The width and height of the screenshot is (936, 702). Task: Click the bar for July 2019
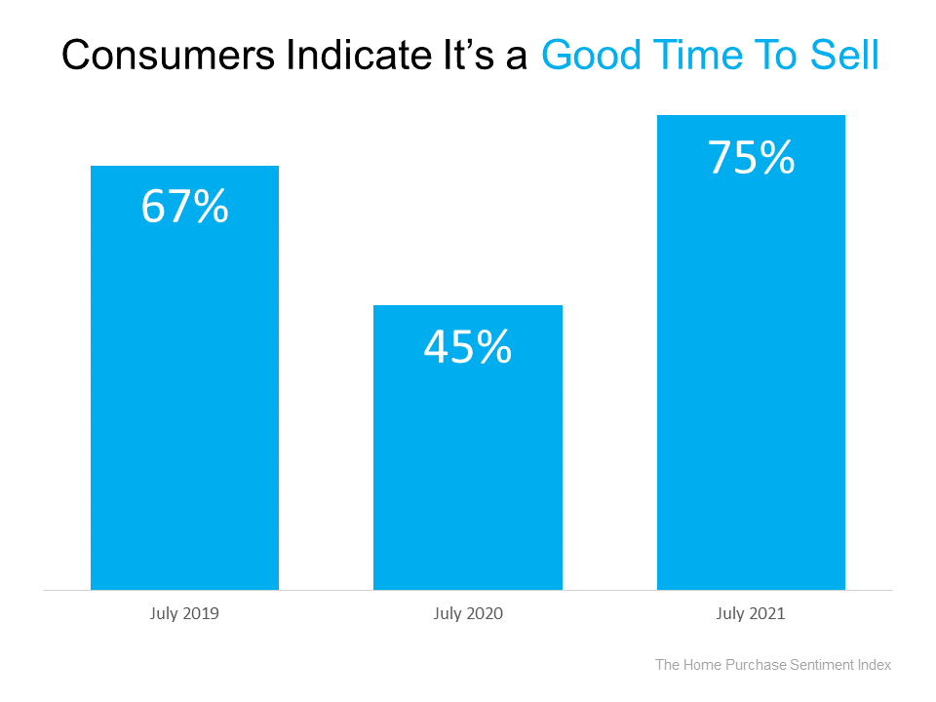click(x=184, y=390)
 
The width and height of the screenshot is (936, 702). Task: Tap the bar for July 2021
click(x=751, y=370)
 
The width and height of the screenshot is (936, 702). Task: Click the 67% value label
click(x=184, y=207)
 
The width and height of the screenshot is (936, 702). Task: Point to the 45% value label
click(x=468, y=347)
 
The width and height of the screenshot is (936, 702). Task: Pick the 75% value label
click(x=751, y=158)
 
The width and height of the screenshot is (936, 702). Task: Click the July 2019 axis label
click(x=184, y=614)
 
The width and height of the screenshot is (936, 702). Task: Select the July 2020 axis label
click(x=468, y=614)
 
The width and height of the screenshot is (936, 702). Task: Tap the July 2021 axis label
click(x=751, y=614)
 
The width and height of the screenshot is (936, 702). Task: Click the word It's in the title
click(x=449, y=57)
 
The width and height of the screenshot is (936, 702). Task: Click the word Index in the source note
click(x=875, y=665)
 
